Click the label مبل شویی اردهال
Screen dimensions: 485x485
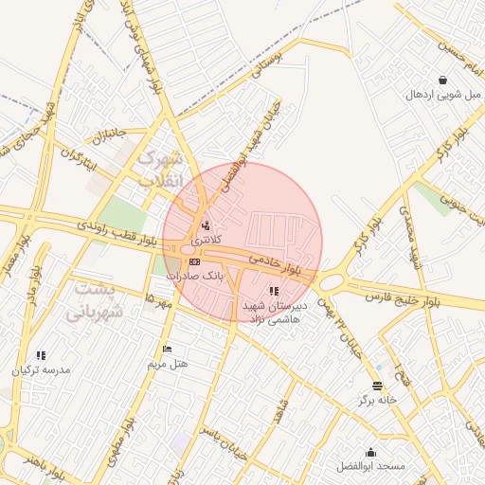[444, 95]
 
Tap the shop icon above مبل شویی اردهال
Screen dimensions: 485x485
[444, 80]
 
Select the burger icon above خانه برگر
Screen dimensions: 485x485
[378, 386]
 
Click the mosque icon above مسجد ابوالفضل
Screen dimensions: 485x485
[370, 452]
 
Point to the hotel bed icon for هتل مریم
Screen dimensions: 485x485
[168, 350]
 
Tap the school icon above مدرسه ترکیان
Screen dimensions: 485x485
[41, 355]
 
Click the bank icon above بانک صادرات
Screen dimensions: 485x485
[194, 261]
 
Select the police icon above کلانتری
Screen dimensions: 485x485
[206, 225]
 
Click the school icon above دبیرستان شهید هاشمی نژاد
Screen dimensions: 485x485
[274, 292]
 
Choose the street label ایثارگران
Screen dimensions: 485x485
[81, 155]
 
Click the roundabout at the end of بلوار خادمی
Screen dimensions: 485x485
[332, 281]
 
